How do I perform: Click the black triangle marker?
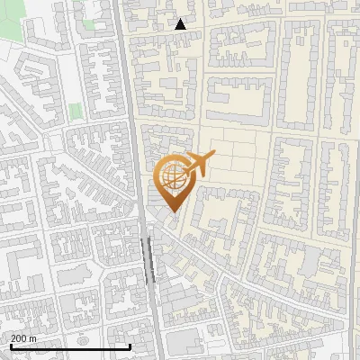[181, 24]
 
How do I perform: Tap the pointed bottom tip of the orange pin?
[172, 211]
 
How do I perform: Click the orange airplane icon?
[196, 165]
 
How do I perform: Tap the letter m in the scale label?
[34, 337]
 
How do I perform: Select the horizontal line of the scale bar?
[70, 346]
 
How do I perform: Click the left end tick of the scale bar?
[9, 345]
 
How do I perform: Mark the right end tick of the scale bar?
[130, 345]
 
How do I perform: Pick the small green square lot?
[75, 111]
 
